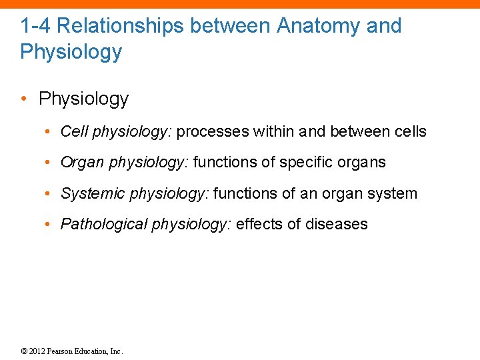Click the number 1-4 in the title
(x=33, y=26)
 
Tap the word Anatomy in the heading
(x=318, y=26)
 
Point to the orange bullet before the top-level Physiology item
(x=24, y=99)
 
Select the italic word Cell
(x=74, y=131)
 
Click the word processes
(x=213, y=131)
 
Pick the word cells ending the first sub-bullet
(x=409, y=131)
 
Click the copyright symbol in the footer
(x=25, y=351)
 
